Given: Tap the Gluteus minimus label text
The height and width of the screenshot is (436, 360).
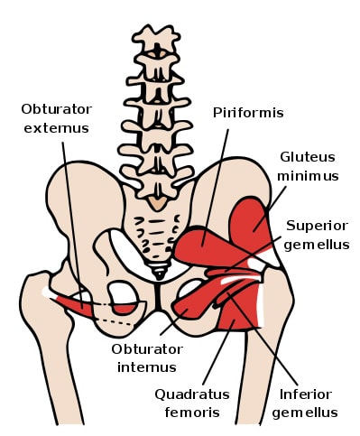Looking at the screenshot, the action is click(x=308, y=167).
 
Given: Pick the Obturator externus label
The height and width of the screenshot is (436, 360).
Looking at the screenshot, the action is click(x=56, y=119).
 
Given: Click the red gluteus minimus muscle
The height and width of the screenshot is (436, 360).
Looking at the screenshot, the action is click(x=252, y=222).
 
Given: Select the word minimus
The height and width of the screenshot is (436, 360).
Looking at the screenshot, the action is click(x=308, y=176).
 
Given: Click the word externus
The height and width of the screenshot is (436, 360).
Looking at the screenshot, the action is click(x=56, y=128).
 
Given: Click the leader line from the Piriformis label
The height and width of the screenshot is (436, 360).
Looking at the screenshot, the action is click(x=218, y=181).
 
